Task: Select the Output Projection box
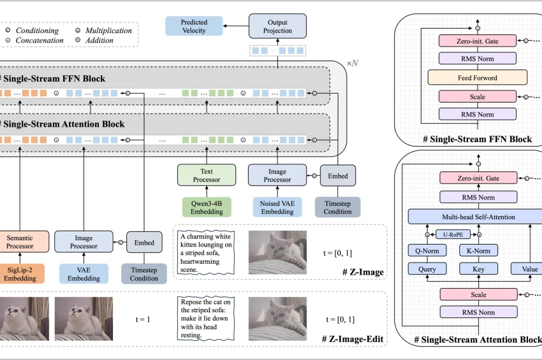[x=277, y=25]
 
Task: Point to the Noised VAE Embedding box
[x=277, y=206]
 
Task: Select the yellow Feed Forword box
[x=478, y=78]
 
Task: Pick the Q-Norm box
[x=427, y=250]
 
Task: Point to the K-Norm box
[x=478, y=250]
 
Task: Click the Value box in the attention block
[x=529, y=269]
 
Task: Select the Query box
[x=427, y=269]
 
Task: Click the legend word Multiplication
[x=108, y=30]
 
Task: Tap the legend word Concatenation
[x=40, y=40]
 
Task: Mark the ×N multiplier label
[x=353, y=64]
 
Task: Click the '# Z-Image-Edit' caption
[x=353, y=339]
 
